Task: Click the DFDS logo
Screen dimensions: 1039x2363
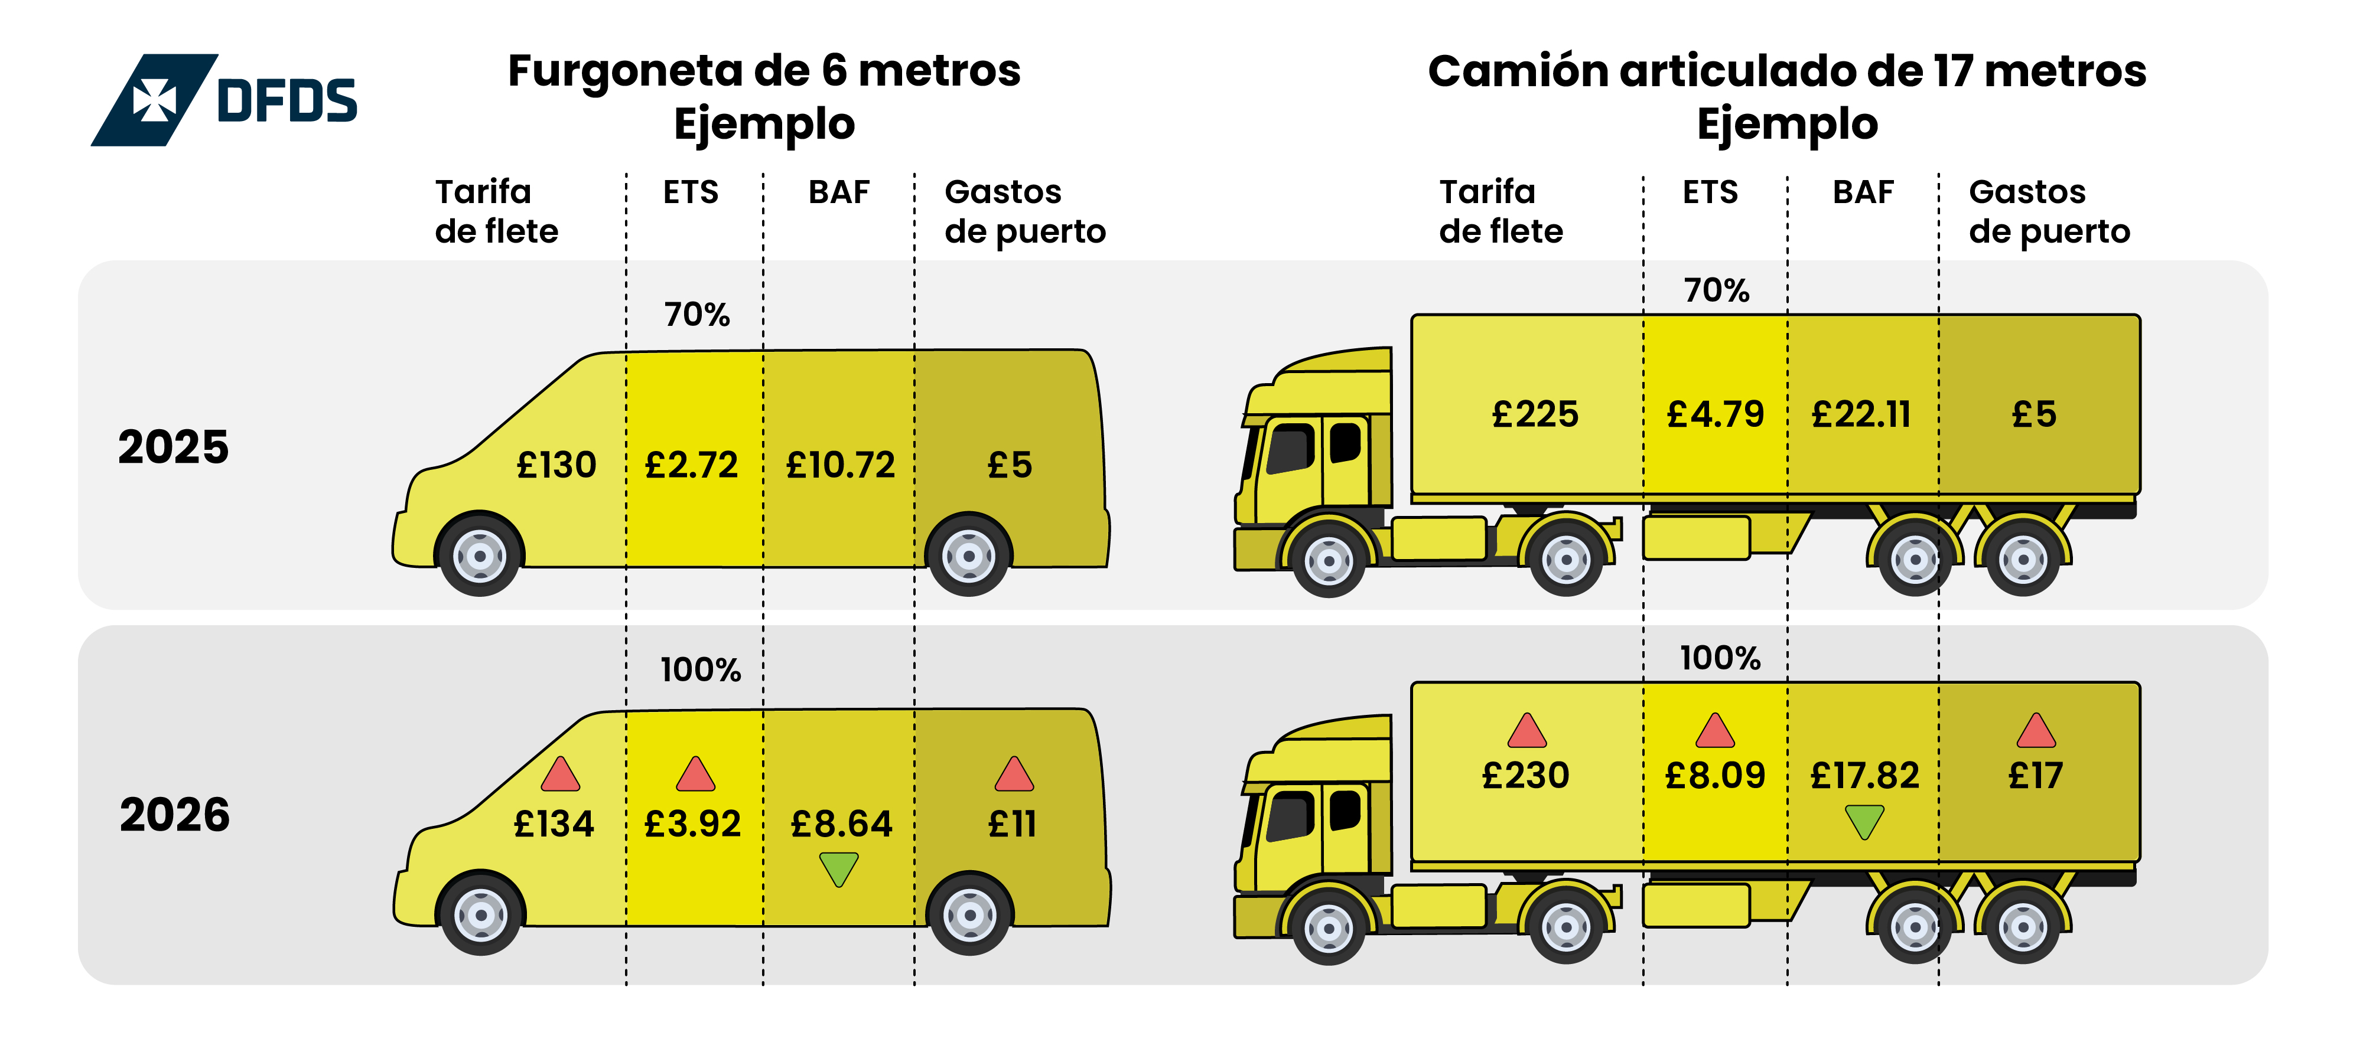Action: [224, 100]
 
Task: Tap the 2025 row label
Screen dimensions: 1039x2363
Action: [173, 447]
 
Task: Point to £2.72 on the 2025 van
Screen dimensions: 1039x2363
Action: [692, 465]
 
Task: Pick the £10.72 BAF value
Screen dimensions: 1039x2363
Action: [840, 465]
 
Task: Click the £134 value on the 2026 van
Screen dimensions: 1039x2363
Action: [554, 824]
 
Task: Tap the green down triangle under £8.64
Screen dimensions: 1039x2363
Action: [838, 868]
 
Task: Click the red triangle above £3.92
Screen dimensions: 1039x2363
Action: [695, 775]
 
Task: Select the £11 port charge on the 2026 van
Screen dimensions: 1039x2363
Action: [1012, 824]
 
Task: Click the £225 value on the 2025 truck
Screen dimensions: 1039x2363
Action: [1535, 414]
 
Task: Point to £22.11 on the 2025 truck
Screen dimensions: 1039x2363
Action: [1861, 414]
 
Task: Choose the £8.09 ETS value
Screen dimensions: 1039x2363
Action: [1714, 776]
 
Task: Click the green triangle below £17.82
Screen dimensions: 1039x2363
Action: [1864, 821]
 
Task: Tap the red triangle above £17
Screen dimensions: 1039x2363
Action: [2036, 732]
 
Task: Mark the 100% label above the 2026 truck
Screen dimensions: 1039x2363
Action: [1720, 658]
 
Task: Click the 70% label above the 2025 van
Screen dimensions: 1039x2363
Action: [697, 315]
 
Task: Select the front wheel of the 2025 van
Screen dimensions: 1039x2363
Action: [480, 556]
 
